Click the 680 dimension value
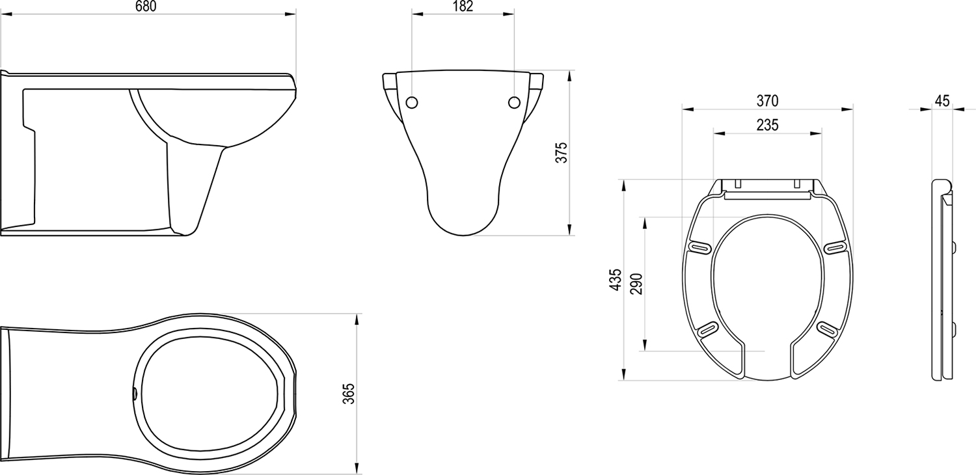[147, 6]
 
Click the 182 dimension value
[463, 6]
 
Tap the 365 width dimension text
[349, 394]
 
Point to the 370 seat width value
[767, 101]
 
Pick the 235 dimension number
[767, 125]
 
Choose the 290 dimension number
[637, 284]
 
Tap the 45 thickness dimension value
[942, 101]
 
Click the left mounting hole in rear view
[412, 102]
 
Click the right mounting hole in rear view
[514, 102]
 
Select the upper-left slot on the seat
[699, 247]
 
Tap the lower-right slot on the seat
[827, 329]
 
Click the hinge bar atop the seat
[767, 194]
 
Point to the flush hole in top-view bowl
[135, 393]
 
